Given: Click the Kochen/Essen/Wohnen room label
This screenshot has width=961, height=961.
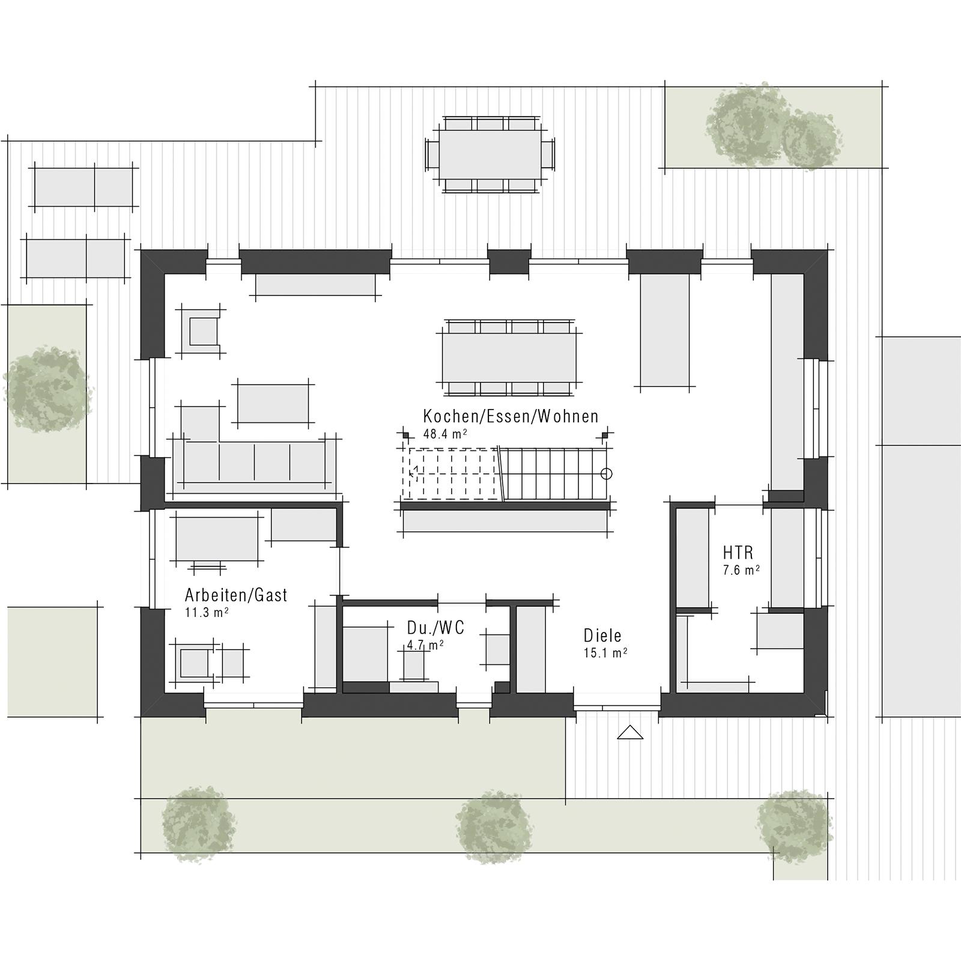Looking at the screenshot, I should tap(511, 416).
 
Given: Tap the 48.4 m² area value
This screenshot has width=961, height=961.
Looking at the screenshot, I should tap(445, 434).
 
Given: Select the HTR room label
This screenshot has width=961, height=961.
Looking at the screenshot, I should tap(738, 552).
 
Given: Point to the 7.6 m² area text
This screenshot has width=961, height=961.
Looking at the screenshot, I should tap(741, 570).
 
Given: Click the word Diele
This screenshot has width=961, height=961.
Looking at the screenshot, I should tap(602, 635).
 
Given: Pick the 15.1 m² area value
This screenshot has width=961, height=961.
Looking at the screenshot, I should tap(605, 653).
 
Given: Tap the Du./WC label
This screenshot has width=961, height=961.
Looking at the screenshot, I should tap(435, 628).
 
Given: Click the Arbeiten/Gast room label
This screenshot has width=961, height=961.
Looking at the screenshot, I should tap(236, 595).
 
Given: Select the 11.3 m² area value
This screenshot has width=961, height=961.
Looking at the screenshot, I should tap(207, 613).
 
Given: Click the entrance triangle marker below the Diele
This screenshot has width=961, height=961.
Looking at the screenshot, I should tap(630, 733).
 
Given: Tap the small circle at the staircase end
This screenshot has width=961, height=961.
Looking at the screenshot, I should tap(607, 474).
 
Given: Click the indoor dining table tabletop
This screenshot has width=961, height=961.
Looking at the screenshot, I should tap(509, 357).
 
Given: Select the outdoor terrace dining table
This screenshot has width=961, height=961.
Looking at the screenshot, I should tap(490, 154).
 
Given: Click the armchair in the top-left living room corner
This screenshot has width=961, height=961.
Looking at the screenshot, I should tap(202, 330).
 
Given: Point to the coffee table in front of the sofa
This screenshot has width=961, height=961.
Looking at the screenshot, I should tap(273, 404).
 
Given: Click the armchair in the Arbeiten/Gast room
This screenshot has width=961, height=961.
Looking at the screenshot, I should tap(193, 662).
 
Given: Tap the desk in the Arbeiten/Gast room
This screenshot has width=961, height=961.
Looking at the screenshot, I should tap(217, 539).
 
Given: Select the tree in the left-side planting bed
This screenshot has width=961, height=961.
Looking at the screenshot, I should tap(47, 390).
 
